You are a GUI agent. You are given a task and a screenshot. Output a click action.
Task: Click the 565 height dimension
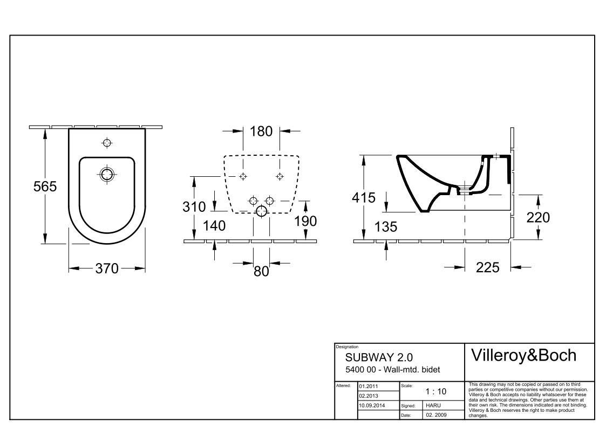(45, 187)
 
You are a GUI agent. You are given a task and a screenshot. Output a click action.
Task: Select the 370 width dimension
(107, 268)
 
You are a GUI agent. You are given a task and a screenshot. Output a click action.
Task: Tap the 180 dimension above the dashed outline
(261, 131)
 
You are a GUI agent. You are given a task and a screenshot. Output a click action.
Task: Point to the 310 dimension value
(194, 206)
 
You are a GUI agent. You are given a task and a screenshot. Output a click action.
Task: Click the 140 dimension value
(214, 225)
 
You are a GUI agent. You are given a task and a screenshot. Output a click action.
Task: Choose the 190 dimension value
(306, 221)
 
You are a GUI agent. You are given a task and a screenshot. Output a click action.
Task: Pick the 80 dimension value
(261, 271)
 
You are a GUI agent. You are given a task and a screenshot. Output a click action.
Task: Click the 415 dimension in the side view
(364, 198)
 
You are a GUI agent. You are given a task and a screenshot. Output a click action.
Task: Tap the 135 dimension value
(386, 226)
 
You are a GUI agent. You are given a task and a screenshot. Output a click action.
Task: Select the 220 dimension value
(538, 217)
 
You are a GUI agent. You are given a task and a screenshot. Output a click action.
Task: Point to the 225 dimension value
(488, 267)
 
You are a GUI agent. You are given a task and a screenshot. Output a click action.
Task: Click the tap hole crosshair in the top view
(107, 143)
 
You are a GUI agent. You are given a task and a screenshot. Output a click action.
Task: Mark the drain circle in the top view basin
(107, 174)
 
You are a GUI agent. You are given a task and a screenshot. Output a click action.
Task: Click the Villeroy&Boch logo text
(523, 355)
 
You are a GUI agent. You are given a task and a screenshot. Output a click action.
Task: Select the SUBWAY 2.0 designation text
(379, 357)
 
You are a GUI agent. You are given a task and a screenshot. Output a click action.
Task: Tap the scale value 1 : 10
(436, 391)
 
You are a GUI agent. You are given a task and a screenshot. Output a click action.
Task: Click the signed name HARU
(433, 405)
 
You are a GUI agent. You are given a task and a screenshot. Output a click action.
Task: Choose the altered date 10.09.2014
(372, 405)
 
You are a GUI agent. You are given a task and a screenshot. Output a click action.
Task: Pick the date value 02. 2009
(437, 415)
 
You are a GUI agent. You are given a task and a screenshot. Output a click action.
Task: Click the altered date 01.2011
(369, 386)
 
